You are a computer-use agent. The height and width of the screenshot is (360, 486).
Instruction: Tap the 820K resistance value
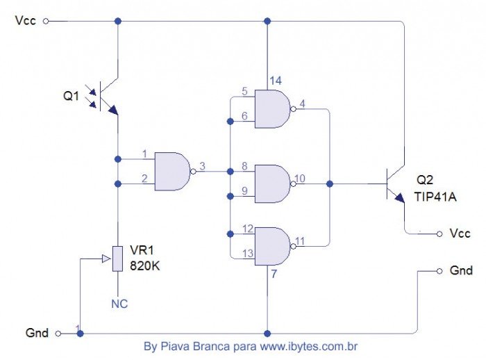pos(147,265)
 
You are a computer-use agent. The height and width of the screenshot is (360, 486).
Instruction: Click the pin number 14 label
pos(276,81)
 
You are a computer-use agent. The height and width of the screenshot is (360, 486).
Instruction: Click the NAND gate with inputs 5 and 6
pos(274,108)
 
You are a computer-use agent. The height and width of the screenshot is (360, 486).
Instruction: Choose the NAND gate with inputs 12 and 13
pos(274,246)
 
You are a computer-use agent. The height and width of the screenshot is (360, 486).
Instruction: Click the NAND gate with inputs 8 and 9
pos(274,183)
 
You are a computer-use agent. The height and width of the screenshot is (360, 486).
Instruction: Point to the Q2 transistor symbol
pos(393,183)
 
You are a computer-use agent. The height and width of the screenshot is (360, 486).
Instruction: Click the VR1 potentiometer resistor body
pos(117,258)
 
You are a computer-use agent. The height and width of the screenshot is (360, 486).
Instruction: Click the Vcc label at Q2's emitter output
pos(460,234)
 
